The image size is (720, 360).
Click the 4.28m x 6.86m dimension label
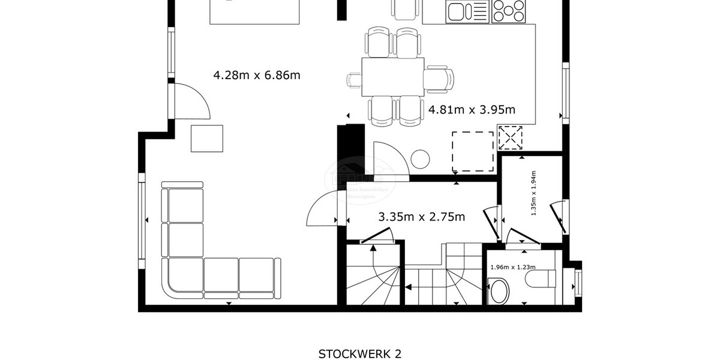(257, 75)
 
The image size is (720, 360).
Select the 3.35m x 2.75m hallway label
(421, 217)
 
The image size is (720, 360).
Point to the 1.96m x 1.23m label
(512, 268)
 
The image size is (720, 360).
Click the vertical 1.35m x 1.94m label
(533, 193)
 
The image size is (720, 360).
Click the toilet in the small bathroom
(540, 278)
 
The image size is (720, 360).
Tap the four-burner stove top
(509, 11)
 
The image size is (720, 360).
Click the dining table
(393, 76)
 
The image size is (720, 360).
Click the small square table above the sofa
(207, 138)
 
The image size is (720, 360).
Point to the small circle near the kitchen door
(420, 159)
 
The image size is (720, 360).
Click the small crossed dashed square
(511, 138)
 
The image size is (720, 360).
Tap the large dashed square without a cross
(473, 151)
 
